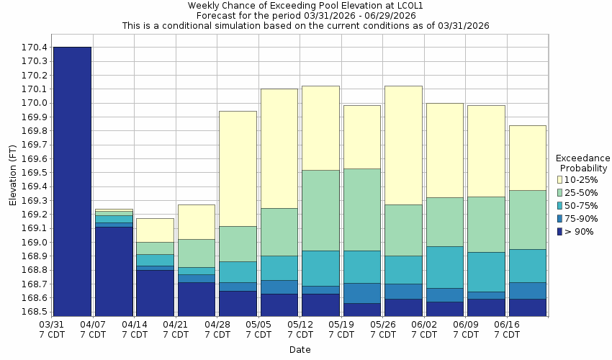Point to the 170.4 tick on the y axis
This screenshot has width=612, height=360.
pyautogui.click(x=35, y=48)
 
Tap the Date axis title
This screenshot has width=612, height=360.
pyautogui.click(x=300, y=350)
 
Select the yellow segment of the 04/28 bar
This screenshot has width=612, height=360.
pyautogui.click(x=238, y=168)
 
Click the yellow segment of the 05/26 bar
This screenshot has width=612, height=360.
pyautogui.click(x=403, y=145)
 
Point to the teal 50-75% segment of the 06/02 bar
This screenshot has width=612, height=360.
pyautogui.click(x=444, y=267)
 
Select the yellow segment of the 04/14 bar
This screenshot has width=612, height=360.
pyautogui.click(x=155, y=230)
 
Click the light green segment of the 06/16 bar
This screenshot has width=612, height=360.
pyautogui.click(x=527, y=220)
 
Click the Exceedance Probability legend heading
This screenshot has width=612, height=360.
pyautogui.click(x=582, y=163)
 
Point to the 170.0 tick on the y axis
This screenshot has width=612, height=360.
pyautogui.click(x=35, y=103)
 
